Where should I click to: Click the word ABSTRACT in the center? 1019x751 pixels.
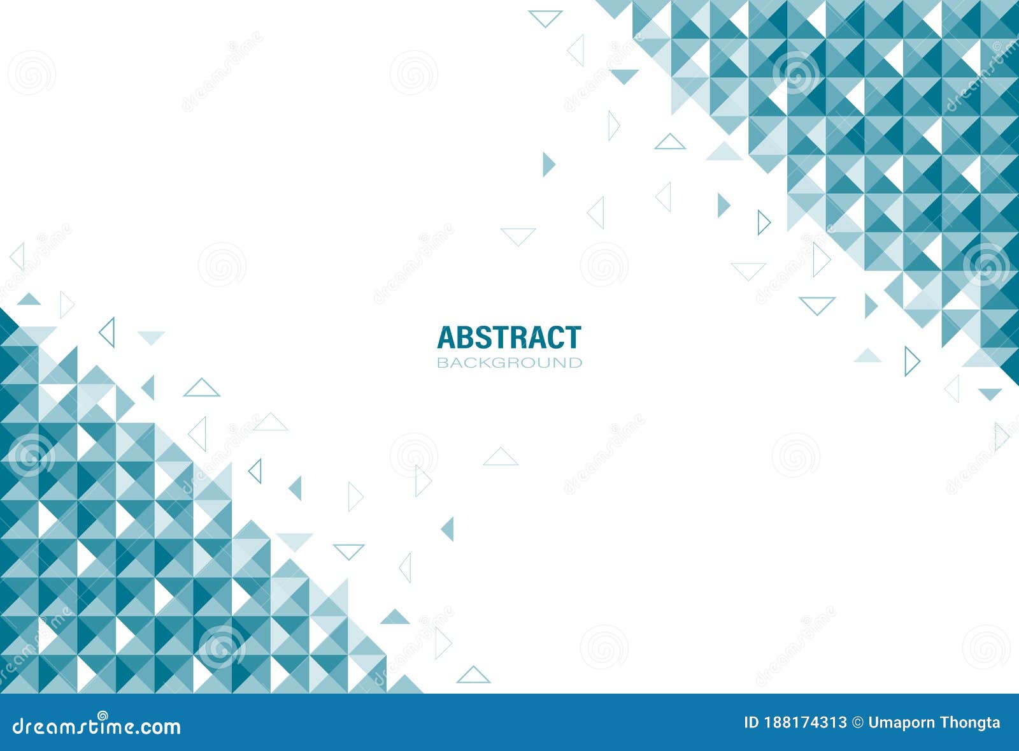tap(509, 338)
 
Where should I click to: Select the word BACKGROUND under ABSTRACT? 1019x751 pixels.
tap(509, 363)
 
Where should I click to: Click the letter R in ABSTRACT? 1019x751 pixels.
tap(517, 338)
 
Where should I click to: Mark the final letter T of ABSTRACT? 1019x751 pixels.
tap(573, 338)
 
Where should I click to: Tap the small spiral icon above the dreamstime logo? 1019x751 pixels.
tap(103, 715)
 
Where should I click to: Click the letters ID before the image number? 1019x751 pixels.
tap(752, 722)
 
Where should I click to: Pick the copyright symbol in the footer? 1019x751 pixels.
tap(858, 722)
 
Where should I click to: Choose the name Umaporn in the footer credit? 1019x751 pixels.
tap(899, 723)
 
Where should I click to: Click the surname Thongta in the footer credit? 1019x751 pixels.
tap(969, 723)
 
